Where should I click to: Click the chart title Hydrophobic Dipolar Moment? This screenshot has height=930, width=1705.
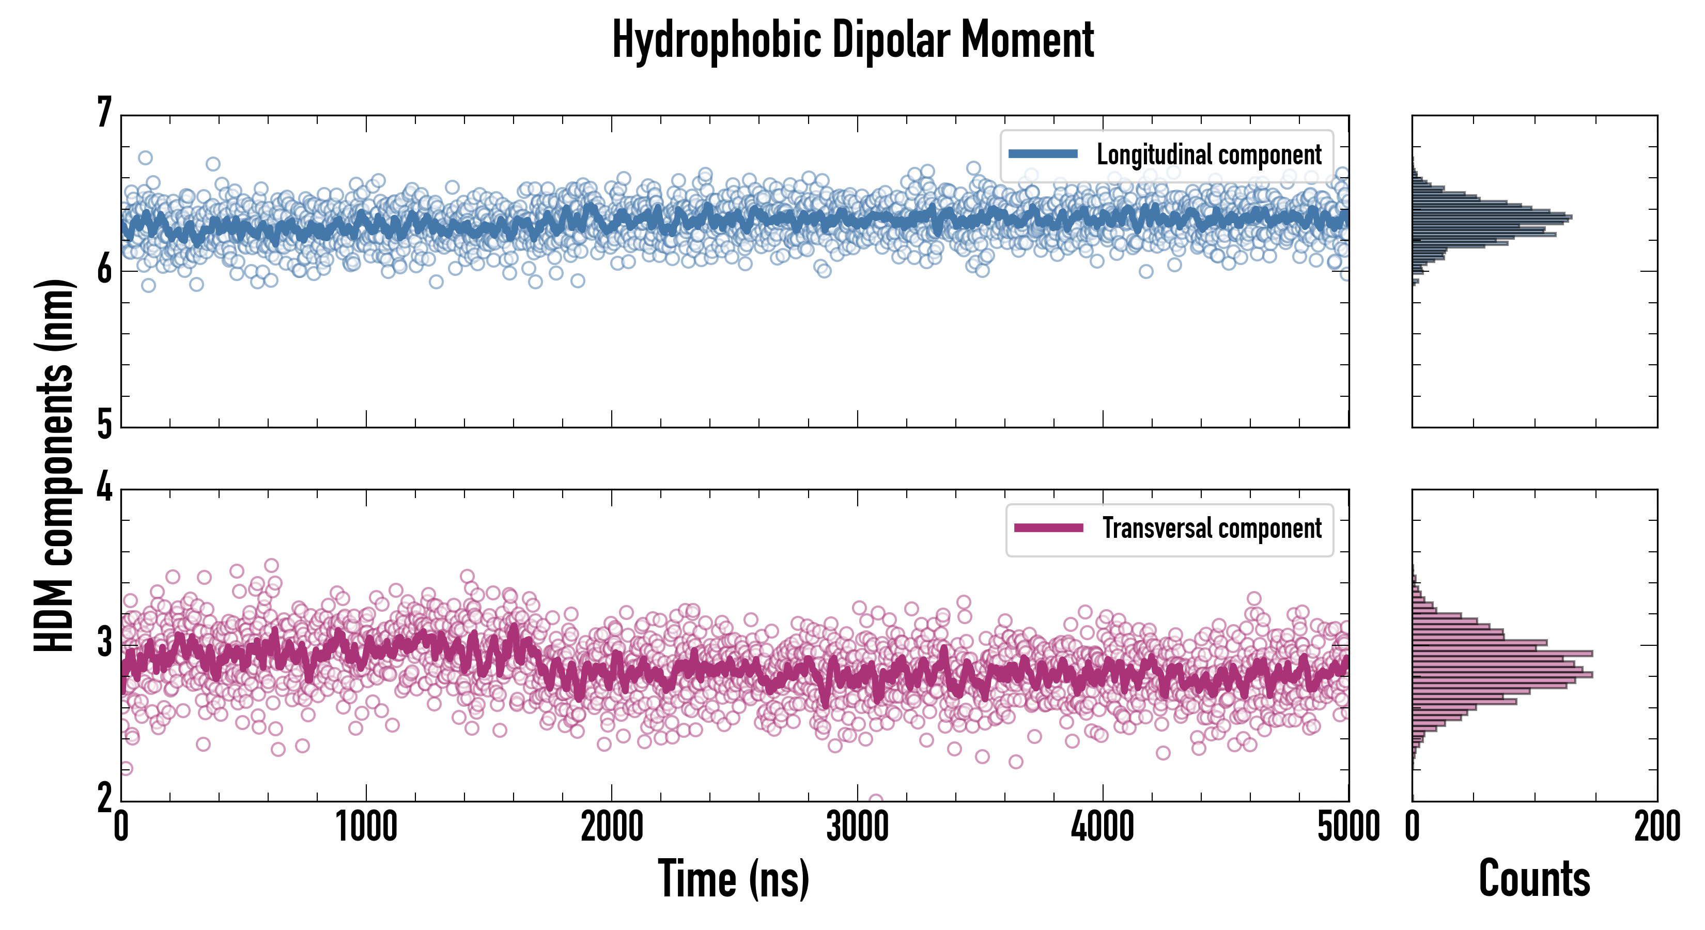[853, 40]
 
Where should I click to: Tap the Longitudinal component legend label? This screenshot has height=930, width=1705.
[1208, 155]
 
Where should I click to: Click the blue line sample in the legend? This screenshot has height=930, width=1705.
[1043, 154]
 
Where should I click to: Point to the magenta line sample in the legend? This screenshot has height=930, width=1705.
[1048, 528]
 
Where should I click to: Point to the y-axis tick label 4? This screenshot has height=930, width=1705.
[104, 488]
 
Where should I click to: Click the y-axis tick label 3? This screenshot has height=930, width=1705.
[104, 643]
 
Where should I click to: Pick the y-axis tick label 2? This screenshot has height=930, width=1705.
[104, 798]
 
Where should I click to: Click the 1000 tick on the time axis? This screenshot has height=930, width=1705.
[366, 827]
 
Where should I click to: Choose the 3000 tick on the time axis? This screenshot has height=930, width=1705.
[857, 827]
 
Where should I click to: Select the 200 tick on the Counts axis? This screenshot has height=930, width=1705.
[1656, 827]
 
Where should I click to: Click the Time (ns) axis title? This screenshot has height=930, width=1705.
[733, 879]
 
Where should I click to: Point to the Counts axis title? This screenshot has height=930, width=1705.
[1534, 879]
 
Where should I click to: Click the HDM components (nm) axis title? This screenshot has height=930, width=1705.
[54, 466]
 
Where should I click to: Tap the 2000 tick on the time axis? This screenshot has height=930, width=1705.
[612, 827]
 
